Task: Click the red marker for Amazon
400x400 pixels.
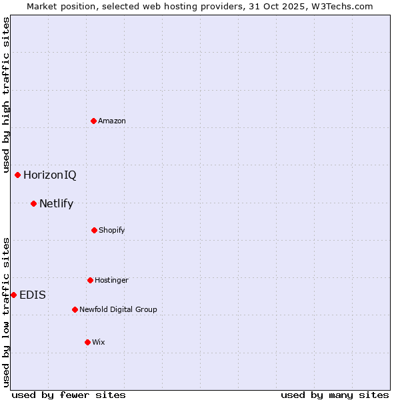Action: [x=93, y=121]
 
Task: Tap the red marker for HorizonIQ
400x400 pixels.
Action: [x=18, y=175]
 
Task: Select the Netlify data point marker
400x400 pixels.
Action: [x=33, y=203]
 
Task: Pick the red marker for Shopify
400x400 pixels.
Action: [x=94, y=230]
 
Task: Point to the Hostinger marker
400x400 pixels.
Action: [x=90, y=280]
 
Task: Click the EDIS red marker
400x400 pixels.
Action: [x=13, y=295]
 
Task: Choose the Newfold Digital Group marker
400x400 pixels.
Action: [x=75, y=309]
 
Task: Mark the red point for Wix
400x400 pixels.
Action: [x=87, y=342]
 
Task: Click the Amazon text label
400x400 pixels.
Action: [x=112, y=121]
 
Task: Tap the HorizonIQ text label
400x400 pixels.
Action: [x=50, y=175]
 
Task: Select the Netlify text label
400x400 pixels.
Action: [x=56, y=204]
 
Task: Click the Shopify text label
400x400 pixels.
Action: [x=112, y=230]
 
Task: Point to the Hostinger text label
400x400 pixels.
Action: [x=111, y=280]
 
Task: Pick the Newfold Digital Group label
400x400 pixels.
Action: [x=118, y=309]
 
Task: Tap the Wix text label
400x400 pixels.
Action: [x=99, y=342]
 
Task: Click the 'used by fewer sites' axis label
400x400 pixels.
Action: [x=69, y=395]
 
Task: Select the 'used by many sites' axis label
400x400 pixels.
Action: [x=335, y=395]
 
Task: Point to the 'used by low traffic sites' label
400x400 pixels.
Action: [x=6, y=312]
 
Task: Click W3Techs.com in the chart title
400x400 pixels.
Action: [x=340, y=6]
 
